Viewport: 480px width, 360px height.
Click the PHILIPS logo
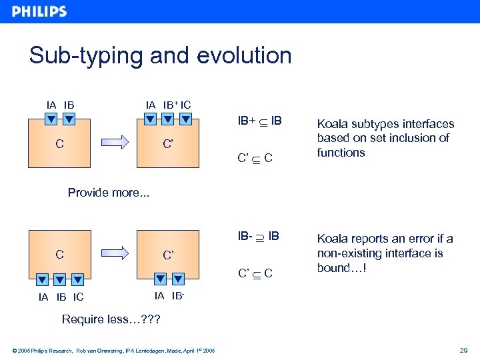click(x=39, y=11)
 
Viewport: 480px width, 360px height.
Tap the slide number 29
click(x=463, y=350)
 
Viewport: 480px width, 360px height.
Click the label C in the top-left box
click(x=59, y=143)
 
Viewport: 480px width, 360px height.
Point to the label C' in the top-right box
click(x=169, y=143)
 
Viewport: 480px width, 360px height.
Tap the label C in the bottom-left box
click(x=59, y=254)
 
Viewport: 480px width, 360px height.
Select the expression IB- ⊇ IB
click(x=259, y=236)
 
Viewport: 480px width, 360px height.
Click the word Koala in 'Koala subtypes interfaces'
click(x=332, y=123)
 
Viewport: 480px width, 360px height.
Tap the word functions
click(x=341, y=153)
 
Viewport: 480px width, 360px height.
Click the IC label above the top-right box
click(x=185, y=105)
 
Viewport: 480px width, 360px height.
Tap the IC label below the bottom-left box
click(x=78, y=297)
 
